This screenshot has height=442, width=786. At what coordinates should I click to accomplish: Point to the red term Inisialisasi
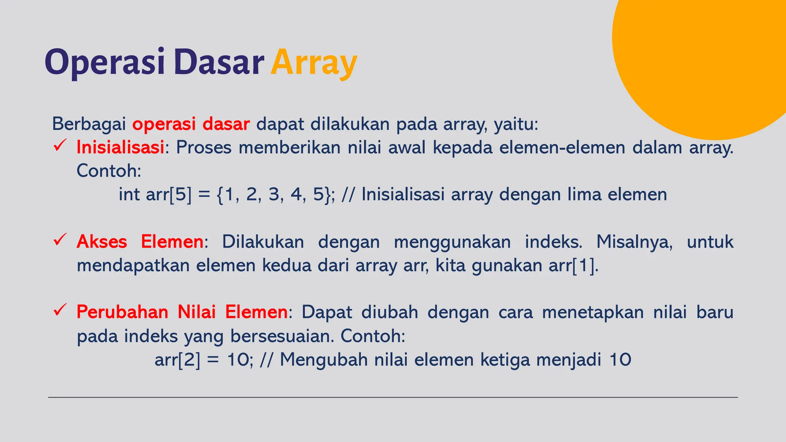click(x=120, y=148)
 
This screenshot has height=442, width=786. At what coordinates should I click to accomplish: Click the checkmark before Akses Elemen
click(x=60, y=240)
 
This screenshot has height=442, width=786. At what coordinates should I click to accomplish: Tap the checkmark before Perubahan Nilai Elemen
click(x=60, y=310)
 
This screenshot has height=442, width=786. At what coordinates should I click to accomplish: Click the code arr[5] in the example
click(x=168, y=195)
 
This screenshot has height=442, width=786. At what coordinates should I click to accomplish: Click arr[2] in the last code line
click(x=177, y=360)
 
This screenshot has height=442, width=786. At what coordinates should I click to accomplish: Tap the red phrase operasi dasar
click(x=191, y=124)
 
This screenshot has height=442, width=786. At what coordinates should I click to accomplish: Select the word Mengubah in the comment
click(x=324, y=360)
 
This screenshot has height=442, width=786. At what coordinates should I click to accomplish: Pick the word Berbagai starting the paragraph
click(x=89, y=124)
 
